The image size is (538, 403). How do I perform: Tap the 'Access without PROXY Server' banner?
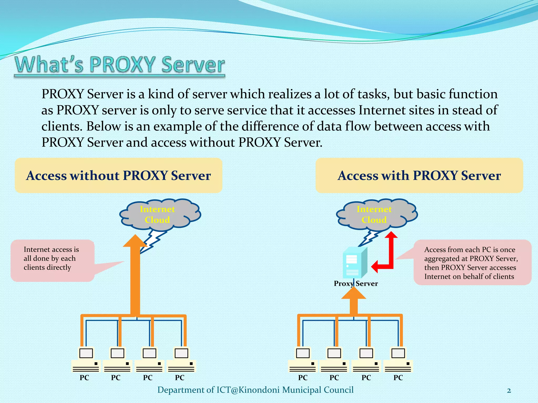point(118,176)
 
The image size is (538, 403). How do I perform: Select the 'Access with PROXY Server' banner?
point(419,176)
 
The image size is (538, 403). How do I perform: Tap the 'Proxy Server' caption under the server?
point(356,284)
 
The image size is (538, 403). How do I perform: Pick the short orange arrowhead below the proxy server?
point(354,293)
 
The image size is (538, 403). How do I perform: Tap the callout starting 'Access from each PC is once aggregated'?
point(472,263)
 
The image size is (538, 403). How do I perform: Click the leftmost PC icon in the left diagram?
point(86,360)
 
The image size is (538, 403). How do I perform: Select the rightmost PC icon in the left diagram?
point(181,360)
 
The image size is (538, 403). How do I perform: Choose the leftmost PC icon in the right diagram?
point(303,360)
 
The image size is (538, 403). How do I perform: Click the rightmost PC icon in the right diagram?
point(398,360)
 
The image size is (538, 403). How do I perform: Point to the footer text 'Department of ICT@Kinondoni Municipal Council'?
point(255,390)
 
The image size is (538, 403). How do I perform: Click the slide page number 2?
point(509,391)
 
